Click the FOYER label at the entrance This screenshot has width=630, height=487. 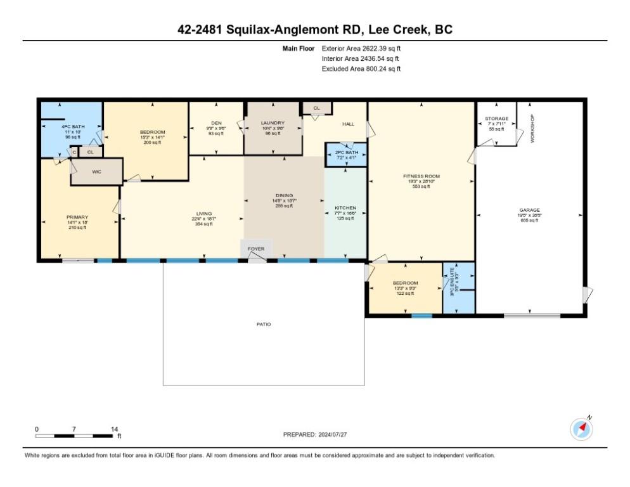coord(256,249)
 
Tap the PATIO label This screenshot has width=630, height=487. coord(264,324)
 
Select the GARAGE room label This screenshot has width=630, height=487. coord(529,210)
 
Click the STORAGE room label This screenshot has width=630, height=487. coord(496,119)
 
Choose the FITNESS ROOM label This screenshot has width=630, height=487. coord(421,176)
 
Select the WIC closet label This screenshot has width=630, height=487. coord(96,171)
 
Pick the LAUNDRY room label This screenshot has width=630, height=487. coord(273,122)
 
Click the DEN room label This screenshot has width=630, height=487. coord(216,123)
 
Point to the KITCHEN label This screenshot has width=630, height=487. coord(345,208)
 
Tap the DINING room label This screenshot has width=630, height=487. coord(284,195)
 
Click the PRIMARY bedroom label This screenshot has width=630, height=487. coord(77,217)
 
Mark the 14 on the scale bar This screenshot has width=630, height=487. coord(114,429)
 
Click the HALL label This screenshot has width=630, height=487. coord(348,124)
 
